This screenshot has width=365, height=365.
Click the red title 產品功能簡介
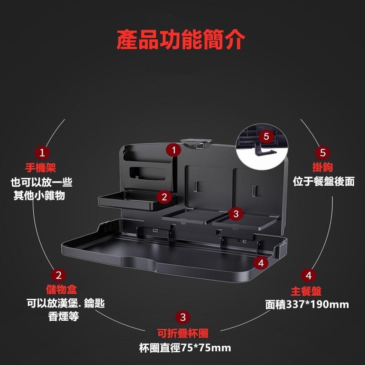[181, 40]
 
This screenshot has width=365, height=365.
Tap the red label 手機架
[41, 167]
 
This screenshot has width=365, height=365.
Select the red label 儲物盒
[62, 290]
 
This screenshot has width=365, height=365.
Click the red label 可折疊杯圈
[183, 333]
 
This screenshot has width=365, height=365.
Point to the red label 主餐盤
[306, 291]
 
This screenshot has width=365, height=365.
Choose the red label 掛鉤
[323, 167]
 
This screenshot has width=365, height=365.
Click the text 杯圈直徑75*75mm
[185, 348]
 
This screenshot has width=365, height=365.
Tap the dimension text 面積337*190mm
[307, 304]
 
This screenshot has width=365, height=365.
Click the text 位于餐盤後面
[324, 181]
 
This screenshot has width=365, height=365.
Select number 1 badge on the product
[173, 150]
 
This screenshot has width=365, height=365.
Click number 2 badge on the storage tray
[164, 197]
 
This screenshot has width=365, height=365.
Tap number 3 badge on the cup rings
[236, 214]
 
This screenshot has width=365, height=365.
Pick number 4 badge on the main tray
[261, 263]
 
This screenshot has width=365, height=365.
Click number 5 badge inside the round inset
[266, 136]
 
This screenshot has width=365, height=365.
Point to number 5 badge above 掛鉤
[323, 152]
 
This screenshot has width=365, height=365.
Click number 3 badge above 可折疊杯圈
[183, 317]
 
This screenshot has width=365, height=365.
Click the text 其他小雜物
[39, 195]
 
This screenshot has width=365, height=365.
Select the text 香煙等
[63, 316]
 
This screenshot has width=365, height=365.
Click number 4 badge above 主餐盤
[309, 276]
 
